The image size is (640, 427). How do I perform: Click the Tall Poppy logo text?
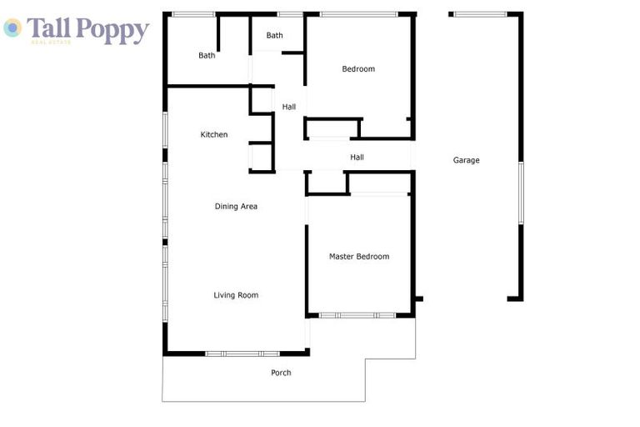click(87, 29)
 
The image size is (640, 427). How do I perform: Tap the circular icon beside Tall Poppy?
click(12, 28)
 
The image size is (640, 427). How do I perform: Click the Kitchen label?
click(214, 134)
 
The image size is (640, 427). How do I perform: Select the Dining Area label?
click(236, 206)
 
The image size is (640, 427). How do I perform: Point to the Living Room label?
click(236, 294)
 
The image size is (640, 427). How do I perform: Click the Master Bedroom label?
click(358, 256)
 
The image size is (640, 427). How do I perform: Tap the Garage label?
click(466, 160)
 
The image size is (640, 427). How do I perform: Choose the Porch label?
click(281, 373)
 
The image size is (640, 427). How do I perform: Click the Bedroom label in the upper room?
click(358, 68)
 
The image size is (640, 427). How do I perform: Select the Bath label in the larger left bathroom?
click(207, 56)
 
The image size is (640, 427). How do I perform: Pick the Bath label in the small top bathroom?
click(274, 35)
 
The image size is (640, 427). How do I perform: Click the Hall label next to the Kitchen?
click(288, 107)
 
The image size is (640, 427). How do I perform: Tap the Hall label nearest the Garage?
click(357, 157)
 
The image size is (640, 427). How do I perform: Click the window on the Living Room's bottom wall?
click(242, 354)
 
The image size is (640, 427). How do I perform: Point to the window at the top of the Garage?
click(481, 14)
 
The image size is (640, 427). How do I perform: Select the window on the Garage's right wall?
click(521, 193)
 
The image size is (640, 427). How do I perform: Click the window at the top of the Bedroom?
click(358, 14)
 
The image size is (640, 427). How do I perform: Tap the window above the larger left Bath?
click(192, 14)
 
